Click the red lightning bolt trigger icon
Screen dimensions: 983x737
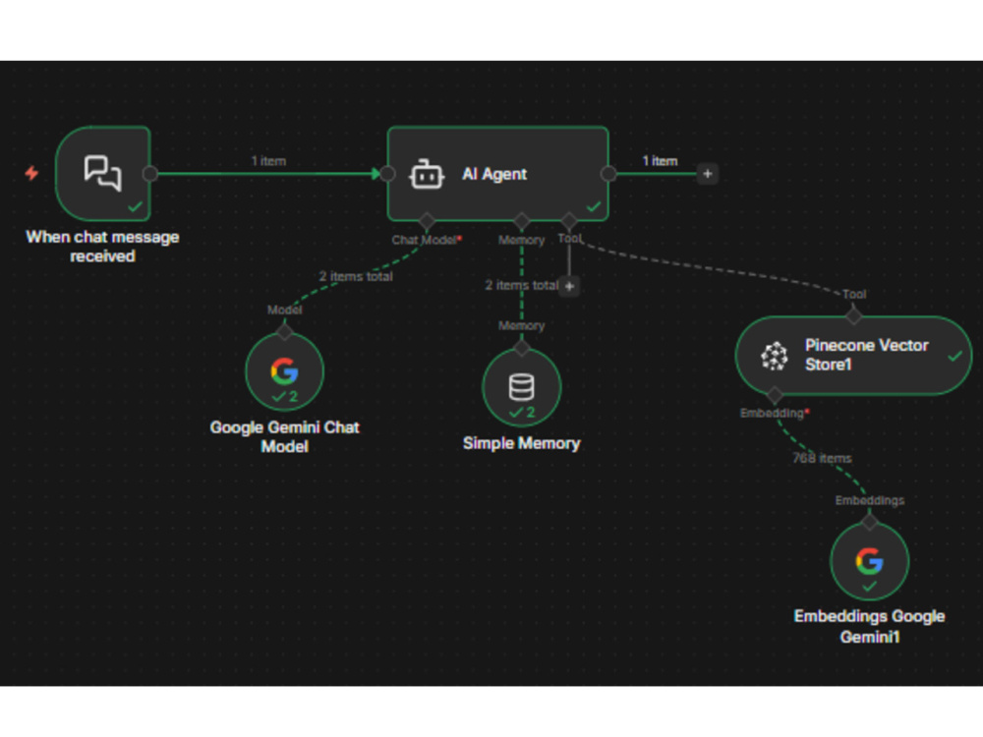[31, 172]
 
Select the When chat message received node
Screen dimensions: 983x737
[103, 174]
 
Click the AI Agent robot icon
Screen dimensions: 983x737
[427, 174]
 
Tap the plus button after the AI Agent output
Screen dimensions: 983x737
[707, 174]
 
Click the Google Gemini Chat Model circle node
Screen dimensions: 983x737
[285, 371]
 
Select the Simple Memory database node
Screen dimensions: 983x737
[522, 387]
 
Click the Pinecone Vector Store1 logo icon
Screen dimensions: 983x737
[775, 356]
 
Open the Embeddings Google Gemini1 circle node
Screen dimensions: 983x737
[870, 562]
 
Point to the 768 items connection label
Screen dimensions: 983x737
[822, 458]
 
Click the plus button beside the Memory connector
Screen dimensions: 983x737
[569, 286]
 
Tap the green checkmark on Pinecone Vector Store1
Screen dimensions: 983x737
[954, 356]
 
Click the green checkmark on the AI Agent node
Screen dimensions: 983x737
[593, 206]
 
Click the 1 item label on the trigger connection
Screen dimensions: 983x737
[268, 161]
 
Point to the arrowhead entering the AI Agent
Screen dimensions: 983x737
[376, 174]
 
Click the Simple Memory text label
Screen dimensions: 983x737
[522, 443]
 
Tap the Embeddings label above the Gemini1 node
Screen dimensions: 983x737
[870, 500]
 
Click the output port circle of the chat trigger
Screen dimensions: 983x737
[150, 174]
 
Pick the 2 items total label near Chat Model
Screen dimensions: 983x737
[356, 276]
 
